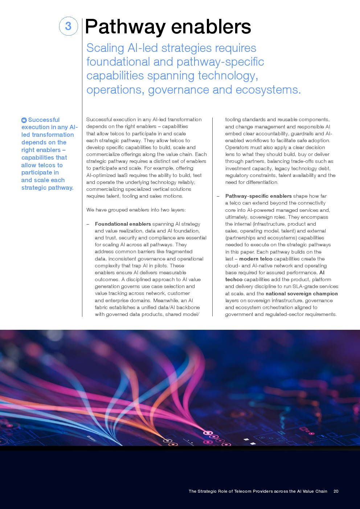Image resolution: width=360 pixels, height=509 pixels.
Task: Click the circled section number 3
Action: [x=68, y=26]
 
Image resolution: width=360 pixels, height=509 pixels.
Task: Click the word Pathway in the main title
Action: [x=125, y=27]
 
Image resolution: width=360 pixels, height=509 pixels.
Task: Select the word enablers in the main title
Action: [x=211, y=27]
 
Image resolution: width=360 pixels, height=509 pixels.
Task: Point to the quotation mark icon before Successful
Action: [x=24, y=120]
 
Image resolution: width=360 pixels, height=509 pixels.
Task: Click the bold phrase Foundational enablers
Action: [x=123, y=224]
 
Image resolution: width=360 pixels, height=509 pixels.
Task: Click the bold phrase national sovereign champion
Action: [x=302, y=294]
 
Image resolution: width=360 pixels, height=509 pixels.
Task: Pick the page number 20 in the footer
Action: [x=336, y=491]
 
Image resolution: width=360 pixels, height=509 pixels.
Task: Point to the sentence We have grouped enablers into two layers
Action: [x=136, y=210]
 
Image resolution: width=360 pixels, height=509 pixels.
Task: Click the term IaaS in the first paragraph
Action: [x=123, y=175]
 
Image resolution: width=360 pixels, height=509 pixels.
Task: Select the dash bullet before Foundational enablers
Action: [x=88, y=224]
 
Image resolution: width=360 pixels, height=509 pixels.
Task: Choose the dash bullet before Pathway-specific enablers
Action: [x=218, y=196]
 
